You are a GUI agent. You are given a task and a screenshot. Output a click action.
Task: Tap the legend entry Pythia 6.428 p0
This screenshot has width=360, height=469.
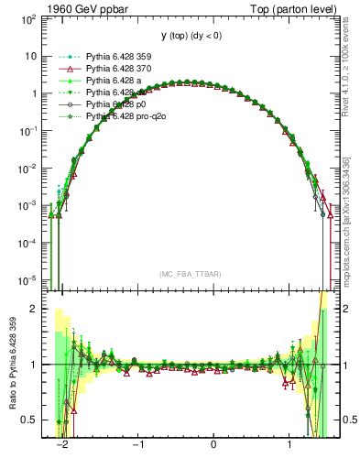pos(118,104)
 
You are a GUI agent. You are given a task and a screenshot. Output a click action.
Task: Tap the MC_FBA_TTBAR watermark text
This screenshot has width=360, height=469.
pos(191,274)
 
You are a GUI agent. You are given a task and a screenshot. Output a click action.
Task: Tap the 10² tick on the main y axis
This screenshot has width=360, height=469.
pos(31,18)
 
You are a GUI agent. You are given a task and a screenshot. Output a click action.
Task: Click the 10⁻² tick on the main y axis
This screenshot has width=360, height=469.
pos(30,168)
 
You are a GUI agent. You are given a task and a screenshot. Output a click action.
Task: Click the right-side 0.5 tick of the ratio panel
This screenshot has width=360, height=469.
pos(347,420)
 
